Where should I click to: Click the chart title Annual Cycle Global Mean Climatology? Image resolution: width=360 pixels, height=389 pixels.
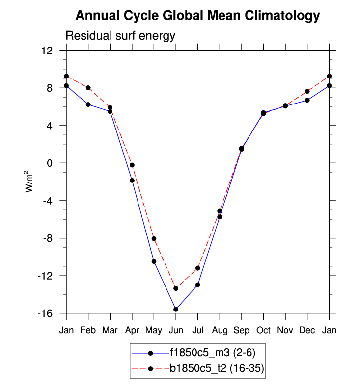pyautogui.click(x=197, y=16)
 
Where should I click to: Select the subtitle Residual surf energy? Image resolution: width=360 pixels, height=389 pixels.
pyautogui.click(x=120, y=36)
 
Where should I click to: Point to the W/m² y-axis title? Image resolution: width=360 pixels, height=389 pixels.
pyautogui.click(x=30, y=182)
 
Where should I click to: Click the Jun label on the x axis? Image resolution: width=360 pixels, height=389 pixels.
pyautogui.click(x=176, y=330)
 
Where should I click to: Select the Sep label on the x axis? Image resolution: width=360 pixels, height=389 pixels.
pyautogui.click(x=242, y=330)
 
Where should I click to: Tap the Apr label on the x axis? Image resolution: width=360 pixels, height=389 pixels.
pyautogui.click(x=132, y=330)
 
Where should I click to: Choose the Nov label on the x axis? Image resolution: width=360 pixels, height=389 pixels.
pyautogui.click(x=285, y=330)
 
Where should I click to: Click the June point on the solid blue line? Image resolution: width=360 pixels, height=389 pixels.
pyautogui.click(x=176, y=309)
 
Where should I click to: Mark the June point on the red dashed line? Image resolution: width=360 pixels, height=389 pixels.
pyautogui.click(x=176, y=288)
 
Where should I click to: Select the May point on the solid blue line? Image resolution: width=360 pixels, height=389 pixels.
pyautogui.click(x=154, y=261)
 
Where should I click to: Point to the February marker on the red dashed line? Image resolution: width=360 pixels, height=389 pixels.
pyautogui.click(x=88, y=88)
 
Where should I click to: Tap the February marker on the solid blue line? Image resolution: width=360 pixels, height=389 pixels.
pyautogui.click(x=88, y=104)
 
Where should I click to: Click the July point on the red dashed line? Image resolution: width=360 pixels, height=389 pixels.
pyautogui.click(x=198, y=268)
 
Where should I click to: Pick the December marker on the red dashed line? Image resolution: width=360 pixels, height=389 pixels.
pyautogui.click(x=307, y=91)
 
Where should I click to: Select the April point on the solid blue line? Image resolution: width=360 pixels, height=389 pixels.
pyautogui.click(x=132, y=180)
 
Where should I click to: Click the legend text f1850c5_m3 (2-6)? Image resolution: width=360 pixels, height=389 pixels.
pyautogui.click(x=213, y=353)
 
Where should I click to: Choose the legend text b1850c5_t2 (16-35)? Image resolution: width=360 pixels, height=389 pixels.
pyautogui.click(x=218, y=368)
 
